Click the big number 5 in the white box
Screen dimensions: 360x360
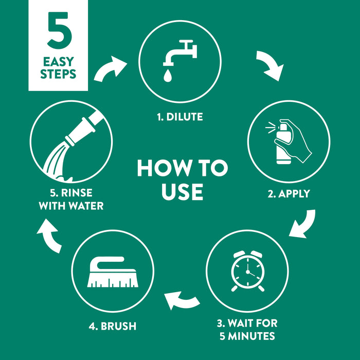[x=60, y=30]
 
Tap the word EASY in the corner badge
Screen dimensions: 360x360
[x=58, y=62]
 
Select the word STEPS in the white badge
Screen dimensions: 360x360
[x=58, y=74]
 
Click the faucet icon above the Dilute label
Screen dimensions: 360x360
[x=180, y=53]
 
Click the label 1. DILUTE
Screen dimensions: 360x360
[x=180, y=117]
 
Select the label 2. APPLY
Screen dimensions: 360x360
[x=289, y=194]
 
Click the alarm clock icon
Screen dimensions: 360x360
[x=247, y=271]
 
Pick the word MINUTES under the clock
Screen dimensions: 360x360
[x=251, y=336]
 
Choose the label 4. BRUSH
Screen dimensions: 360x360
[x=113, y=326]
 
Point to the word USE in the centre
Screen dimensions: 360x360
[x=182, y=192]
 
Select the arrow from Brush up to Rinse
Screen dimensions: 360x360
[x=50, y=236]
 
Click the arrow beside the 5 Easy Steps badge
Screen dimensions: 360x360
[x=110, y=68]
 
